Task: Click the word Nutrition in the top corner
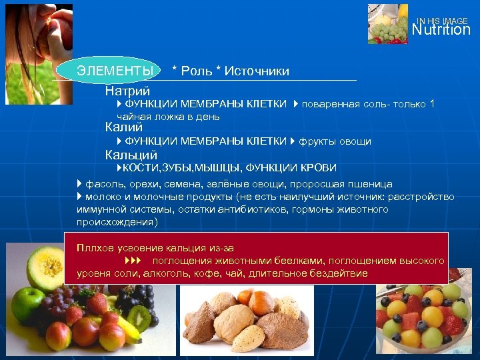(441, 30)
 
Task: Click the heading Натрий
(127, 90)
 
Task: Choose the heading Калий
(124, 127)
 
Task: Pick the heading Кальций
(131, 155)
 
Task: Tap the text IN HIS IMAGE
(443, 21)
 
